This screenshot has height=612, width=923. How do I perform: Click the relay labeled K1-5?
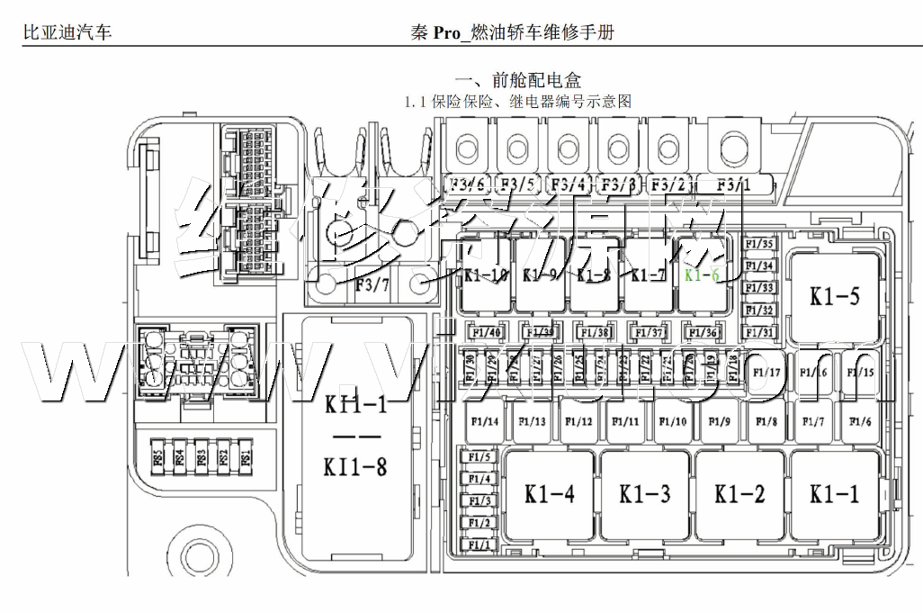(834, 297)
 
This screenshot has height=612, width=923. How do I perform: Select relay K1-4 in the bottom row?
(550, 493)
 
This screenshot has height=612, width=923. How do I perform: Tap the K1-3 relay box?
(645, 493)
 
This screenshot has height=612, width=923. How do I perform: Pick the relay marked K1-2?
(740, 493)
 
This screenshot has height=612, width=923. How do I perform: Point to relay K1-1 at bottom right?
(835, 493)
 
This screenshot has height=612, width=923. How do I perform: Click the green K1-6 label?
(702, 275)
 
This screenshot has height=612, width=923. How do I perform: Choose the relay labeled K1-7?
(648, 275)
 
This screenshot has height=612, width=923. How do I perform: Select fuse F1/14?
(485, 422)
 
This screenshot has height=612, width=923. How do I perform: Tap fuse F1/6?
(861, 422)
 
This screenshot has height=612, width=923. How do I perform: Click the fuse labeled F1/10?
(672, 422)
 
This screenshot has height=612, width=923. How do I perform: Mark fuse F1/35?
(760, 244)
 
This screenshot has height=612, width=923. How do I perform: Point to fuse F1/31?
(760, 332)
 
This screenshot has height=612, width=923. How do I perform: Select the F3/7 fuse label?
(372, 286)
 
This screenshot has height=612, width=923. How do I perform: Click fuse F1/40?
(486, 333)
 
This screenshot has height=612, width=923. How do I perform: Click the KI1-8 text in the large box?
(355, 467)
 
